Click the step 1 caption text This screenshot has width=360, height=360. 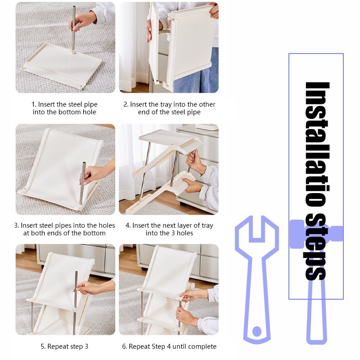[64, 108]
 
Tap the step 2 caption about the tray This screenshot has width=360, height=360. [169, 108]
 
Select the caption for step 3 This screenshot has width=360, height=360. [64, 229]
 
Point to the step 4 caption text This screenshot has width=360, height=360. [169, 229]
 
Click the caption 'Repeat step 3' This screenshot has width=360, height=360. [64, 346]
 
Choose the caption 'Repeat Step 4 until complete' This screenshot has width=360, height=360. [169, 346]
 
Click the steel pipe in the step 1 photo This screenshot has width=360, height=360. [73, 29]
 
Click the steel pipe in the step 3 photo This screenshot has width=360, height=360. [82, 183]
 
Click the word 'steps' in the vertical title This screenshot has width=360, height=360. [317, 246]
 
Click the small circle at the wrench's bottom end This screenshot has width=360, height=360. [256, 331]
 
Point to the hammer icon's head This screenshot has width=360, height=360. [316, 234]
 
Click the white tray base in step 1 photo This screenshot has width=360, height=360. [62, 65]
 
